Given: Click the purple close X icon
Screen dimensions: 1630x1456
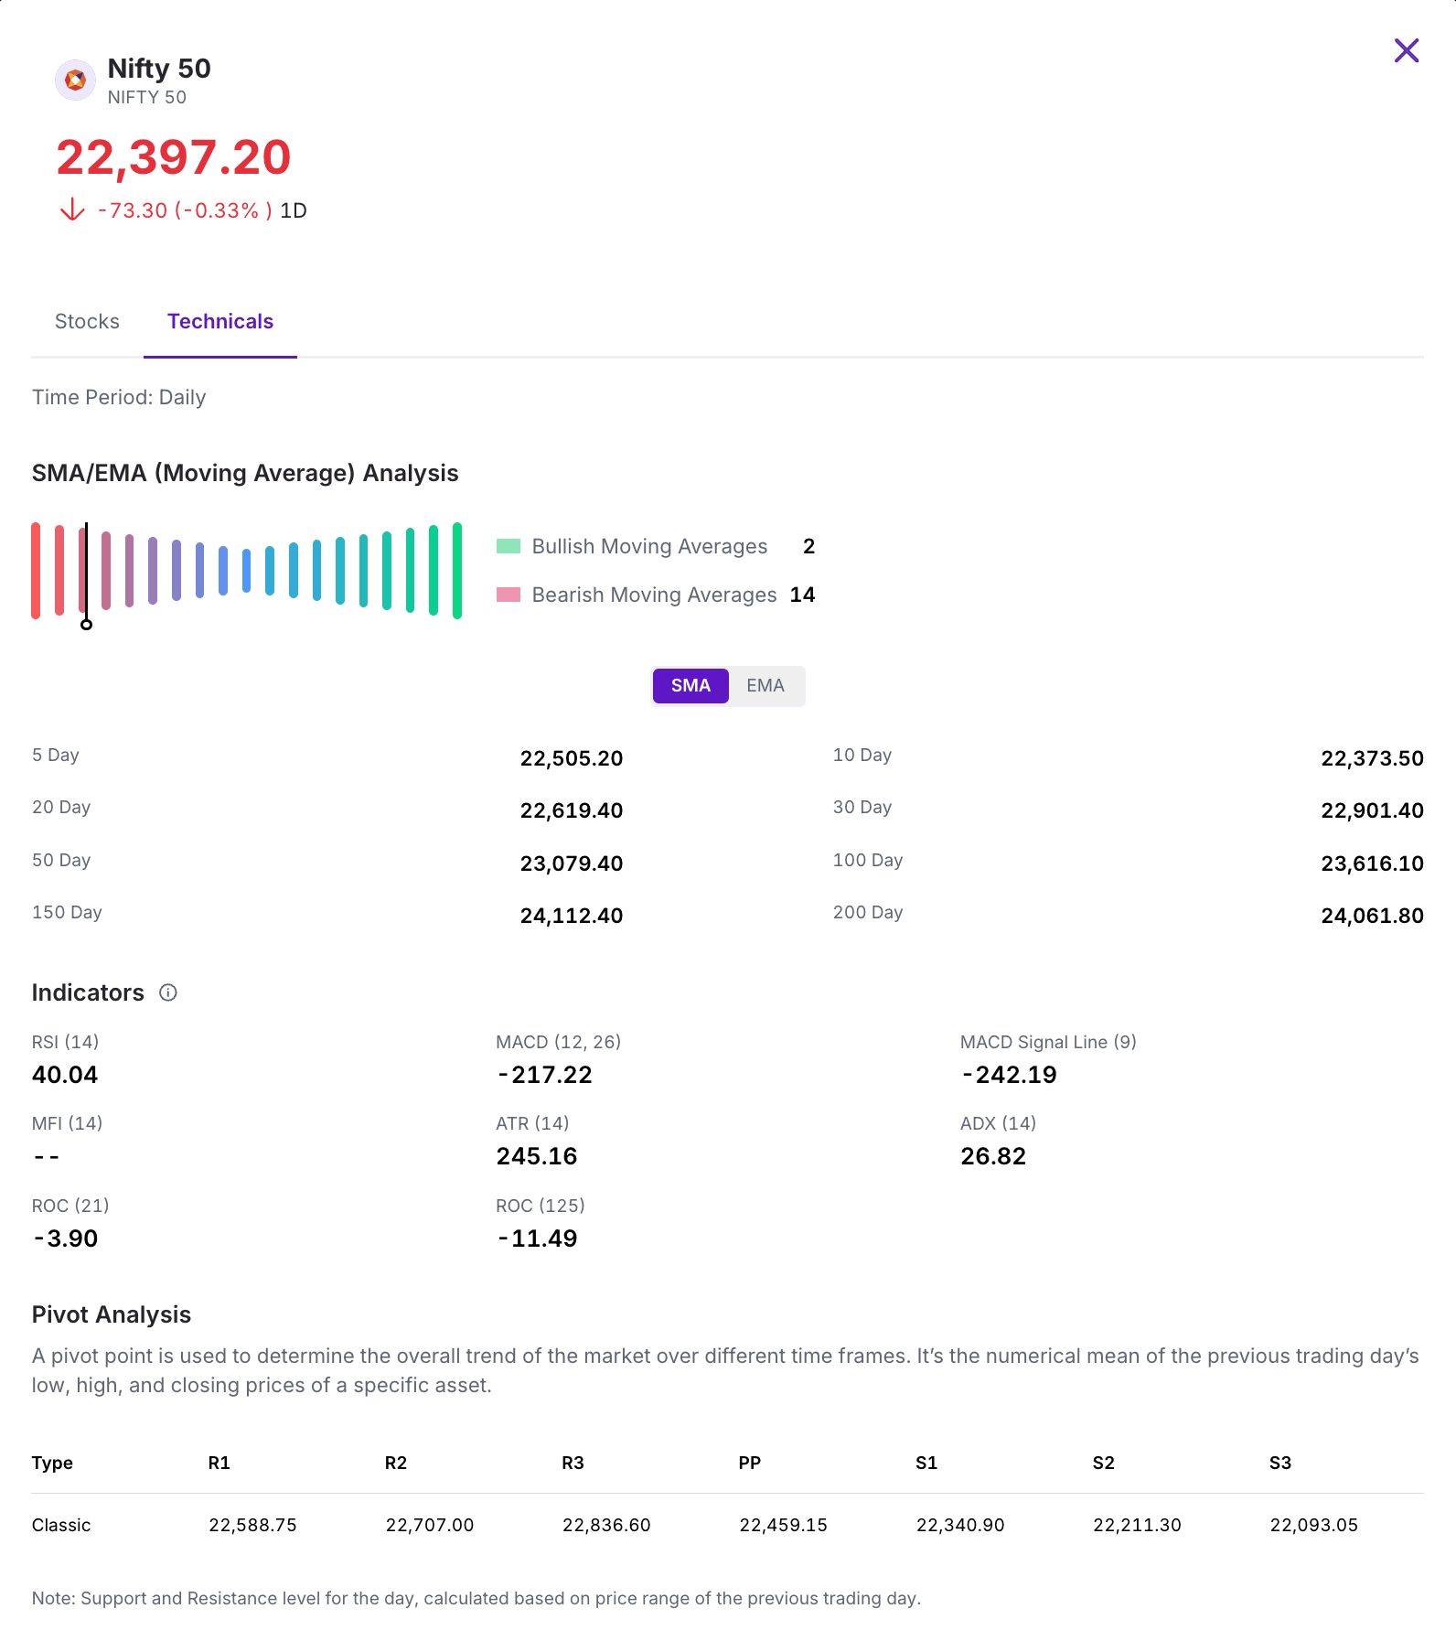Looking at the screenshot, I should tap(1406, 50).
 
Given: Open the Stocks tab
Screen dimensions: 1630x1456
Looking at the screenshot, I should tap(87, 322).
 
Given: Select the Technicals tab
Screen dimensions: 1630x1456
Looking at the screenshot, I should tap(220, 322).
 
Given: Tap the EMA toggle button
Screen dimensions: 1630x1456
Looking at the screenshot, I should tap(765, 686).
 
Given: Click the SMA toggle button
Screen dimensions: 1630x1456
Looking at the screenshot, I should tap(691, 686).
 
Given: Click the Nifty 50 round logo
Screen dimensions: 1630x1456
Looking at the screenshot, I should tap(75, 80).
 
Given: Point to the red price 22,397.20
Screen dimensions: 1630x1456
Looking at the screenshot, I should tap(174, 158).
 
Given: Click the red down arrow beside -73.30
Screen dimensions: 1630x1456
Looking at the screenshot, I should tap(72, 210).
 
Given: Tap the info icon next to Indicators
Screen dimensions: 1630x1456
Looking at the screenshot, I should tap(168, 992).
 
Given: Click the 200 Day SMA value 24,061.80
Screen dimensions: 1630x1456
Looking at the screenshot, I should tap(1372, 916).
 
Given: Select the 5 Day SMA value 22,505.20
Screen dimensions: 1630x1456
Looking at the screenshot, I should tap(572, 758).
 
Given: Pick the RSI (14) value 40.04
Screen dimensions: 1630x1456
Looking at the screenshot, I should tap(65, 1075).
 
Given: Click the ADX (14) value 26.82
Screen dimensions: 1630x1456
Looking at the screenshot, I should tap(993, 1156).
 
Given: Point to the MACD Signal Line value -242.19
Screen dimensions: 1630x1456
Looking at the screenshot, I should tap(1009, 1075).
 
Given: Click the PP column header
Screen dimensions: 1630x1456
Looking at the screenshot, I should tap(750, 1463).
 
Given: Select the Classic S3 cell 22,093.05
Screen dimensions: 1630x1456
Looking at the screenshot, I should tap(1313, 1525).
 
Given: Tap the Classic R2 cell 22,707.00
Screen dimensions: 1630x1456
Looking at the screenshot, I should tap(430, 1525).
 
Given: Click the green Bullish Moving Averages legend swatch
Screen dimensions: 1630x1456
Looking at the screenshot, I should tap(509, 546).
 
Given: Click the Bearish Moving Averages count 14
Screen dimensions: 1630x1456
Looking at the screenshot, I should tap(802, 595).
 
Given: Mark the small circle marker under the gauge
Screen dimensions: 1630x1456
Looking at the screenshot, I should tap(86, 625).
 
